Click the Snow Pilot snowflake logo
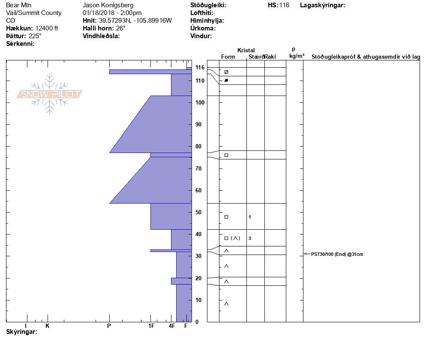pos(49,94)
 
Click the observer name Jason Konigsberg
pos(108,5)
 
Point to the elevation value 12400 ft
pos(47,28)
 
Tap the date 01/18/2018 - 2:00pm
pos(112,13)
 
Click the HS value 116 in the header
pos(284,5)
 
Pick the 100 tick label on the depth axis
pos(200,103)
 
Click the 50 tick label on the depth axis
pos(198,212)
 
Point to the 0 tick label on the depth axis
pos(197,322)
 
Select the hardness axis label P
pos(109,326)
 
